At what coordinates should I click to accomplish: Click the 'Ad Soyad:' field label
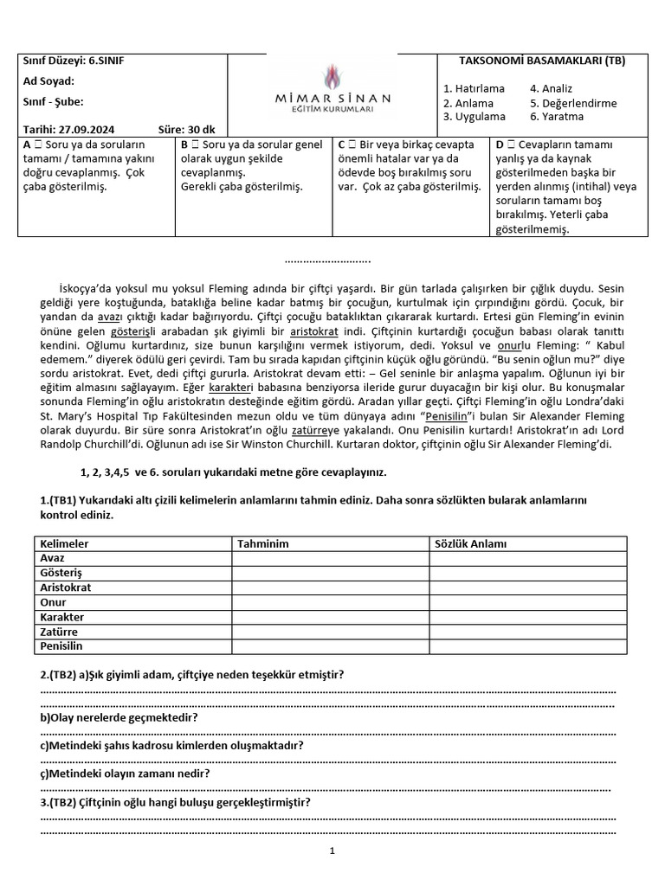point(50,81)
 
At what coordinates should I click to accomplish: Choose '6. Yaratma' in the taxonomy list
point(557,117)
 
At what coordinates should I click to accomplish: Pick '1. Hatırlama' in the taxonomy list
point(474,89)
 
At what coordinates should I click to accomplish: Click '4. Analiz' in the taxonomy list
point(551,89)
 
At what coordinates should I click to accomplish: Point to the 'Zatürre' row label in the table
point(59,632)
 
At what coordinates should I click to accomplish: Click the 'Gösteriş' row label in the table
point(61,573)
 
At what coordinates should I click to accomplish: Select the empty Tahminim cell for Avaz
point(330,558)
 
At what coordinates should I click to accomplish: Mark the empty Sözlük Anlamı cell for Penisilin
point(527,646)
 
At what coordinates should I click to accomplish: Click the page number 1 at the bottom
point(332,851)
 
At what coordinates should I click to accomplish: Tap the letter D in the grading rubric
point(500,144)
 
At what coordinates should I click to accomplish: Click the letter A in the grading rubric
point(28,144)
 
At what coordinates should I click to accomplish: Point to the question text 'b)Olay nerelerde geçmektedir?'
point(119,718)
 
